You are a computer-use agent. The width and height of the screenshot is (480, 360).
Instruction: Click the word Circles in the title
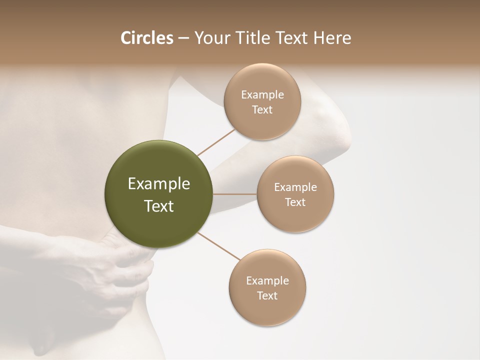pyautogui.click(x=146, y=38)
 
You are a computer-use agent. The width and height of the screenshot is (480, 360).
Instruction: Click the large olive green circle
pyautogui.click(x=159, y=194)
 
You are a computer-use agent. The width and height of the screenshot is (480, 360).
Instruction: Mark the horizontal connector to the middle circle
pyautogui.click(x=235, y=194)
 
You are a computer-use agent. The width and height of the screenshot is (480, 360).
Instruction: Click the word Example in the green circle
pyautogui.click(x=159, y=184)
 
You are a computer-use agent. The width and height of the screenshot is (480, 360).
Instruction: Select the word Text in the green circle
pyautogui.click(x=159, y=206)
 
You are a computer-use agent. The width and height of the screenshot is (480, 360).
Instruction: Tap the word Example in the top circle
pyautogui.click(x=262, y=95)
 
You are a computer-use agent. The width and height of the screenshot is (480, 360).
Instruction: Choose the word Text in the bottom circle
pyautogui.click(x=267, y=296)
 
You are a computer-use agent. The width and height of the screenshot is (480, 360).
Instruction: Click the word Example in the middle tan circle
pyautogui.click(x=295, y=187)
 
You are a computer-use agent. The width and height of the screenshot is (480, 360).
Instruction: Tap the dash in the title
pyautogui.click(x=183, y=38)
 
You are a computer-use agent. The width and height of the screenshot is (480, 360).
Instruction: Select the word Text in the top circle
pyautogui.click(x=262, y=110)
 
